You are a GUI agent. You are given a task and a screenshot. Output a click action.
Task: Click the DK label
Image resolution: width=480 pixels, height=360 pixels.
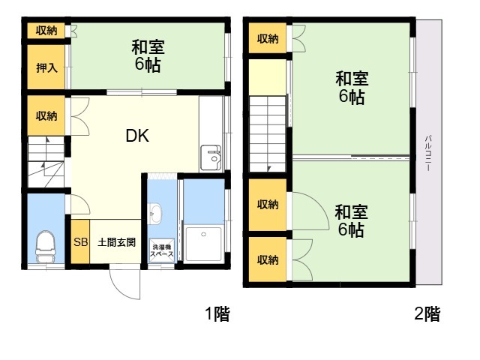[137, 136]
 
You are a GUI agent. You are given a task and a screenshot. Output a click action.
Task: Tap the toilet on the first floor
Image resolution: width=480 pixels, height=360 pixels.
[46, 247]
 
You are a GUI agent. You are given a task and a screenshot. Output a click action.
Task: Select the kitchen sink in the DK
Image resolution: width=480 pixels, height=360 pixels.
[211, 158]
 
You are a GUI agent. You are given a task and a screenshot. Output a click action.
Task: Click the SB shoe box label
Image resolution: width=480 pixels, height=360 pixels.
[80, 242]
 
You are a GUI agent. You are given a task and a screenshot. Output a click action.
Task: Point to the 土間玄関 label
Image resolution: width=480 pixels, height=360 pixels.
[116, 242]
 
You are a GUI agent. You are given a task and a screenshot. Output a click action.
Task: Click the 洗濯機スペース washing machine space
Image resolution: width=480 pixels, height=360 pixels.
[161, 250]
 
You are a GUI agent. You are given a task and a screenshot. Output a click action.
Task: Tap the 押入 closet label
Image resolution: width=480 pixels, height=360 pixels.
[46, 67]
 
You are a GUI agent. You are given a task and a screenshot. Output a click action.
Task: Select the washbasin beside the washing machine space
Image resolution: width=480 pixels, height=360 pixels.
[155, 213]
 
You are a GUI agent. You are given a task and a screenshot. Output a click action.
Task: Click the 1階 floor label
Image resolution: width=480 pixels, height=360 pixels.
[217, 313]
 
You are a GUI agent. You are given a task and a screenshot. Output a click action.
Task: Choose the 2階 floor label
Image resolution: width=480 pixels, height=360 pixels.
[427, 313]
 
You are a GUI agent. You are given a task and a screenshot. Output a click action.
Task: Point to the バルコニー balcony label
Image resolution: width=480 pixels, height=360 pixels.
[428, 153]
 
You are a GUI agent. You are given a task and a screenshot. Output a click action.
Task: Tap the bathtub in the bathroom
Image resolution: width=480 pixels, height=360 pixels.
[203, 244]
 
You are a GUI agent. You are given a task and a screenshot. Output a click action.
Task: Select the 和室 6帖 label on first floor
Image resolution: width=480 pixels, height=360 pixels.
[148, 55]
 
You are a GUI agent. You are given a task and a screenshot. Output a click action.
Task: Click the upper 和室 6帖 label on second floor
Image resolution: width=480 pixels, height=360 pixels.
[352, 88]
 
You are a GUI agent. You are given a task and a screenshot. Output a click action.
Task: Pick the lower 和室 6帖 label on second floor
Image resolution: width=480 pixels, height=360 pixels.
[351, 221]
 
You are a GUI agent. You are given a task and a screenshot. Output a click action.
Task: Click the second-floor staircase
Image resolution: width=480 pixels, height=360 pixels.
[268, 133]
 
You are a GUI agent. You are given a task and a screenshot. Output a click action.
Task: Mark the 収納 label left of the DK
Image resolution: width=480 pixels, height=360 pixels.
[46, 115]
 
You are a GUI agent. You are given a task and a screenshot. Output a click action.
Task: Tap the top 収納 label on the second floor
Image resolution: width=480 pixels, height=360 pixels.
[268, 38]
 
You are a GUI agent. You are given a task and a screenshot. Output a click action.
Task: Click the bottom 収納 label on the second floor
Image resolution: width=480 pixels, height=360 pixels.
[268, 259]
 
